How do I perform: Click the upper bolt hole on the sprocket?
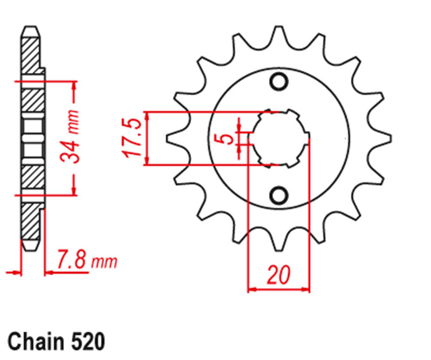(279, 81)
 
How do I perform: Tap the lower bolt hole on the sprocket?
(279, 195)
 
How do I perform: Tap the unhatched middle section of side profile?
(32, 139)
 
